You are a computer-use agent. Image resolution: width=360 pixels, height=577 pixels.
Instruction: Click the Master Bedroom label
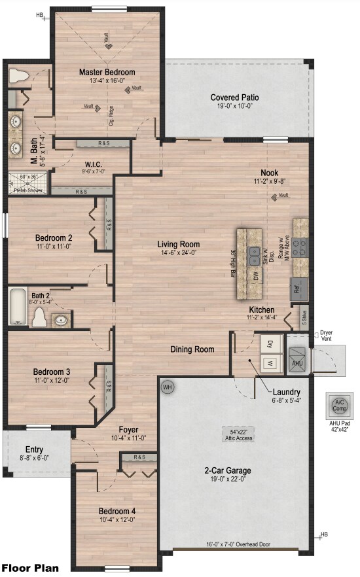click(107, 72)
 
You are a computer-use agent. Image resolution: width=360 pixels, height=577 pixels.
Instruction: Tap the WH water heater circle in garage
click(167, 387)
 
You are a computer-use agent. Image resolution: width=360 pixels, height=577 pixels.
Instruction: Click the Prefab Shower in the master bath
click(28, 180)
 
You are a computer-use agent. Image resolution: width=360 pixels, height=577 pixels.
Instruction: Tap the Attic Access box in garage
click(236, 434)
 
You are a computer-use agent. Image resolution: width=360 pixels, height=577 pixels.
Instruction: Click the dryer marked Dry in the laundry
click(270, 342)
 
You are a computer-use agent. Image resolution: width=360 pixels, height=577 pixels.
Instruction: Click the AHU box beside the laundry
click(297, 363)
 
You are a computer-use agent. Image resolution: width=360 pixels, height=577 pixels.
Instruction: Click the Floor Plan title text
click(30, 568)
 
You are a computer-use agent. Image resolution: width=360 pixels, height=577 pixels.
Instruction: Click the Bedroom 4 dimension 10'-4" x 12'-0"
click(117, 520)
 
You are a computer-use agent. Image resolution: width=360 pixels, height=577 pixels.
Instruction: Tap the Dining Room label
click(192, 349)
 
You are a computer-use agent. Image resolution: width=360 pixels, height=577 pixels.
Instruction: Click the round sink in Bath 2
click(61, 321)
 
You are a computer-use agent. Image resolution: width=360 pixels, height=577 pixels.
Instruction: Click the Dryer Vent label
click(326, 336)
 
